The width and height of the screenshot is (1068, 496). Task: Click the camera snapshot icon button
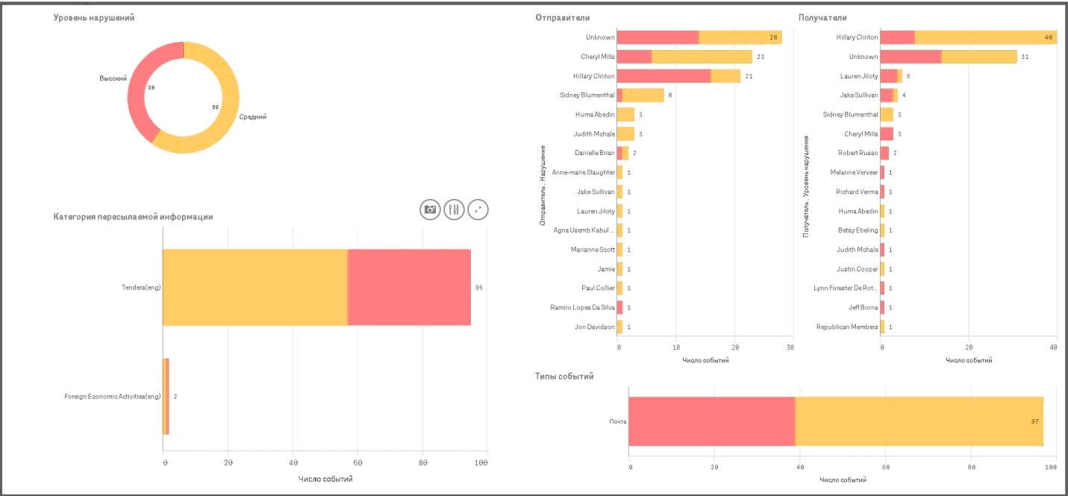[x=430, y=210]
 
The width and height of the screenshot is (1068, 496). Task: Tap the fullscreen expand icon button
[x=478, y=210]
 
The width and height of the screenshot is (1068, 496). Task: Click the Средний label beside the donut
[x=253, y=116]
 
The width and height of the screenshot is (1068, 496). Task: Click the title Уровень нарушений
[x=94, y=17]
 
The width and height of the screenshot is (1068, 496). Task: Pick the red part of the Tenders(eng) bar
[x=409, y=287]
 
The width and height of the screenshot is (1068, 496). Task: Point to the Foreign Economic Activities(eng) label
[x=113, y=396]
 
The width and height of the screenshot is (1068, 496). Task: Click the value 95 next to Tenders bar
[x=479, y=287]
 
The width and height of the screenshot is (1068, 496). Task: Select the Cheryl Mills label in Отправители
[x=598, y=57]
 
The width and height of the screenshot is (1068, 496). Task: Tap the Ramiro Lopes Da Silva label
[x=582, y=307]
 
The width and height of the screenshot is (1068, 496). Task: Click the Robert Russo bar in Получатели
[x=885, y=153]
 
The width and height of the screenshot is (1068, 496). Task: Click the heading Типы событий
[x=564, y=377]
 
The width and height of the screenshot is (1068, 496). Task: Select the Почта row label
[x=617, y=421]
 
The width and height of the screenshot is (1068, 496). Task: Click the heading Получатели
[x=822, y=17]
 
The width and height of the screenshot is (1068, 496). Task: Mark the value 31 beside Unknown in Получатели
[x=1025, y=57]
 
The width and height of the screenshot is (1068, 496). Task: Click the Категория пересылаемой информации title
[x=133, y=217]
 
